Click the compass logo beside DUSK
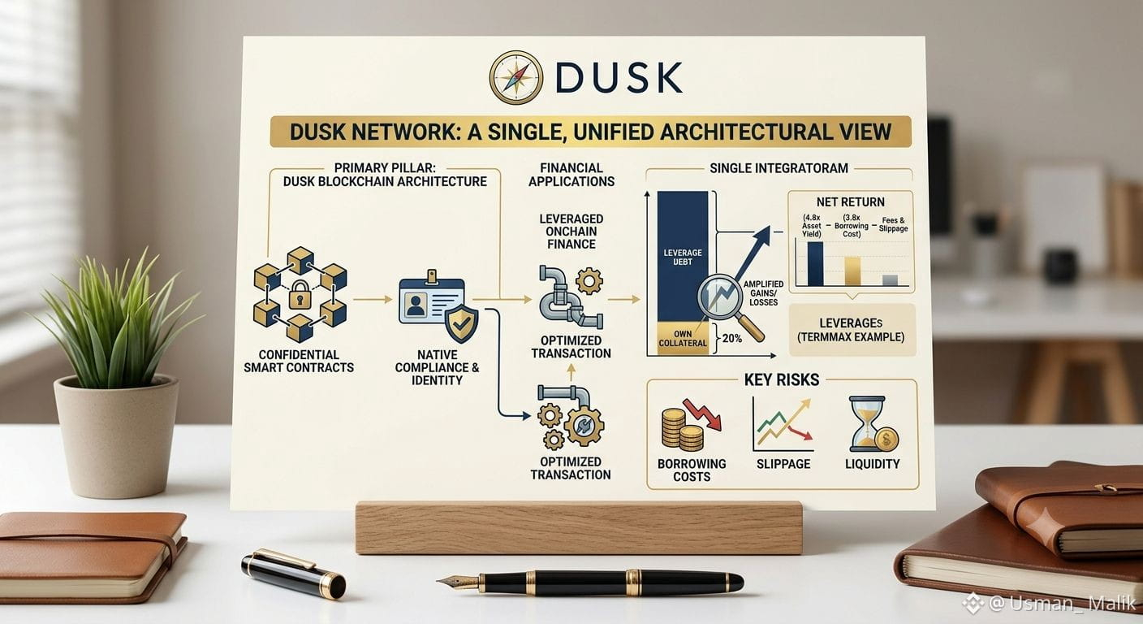click(515, 77)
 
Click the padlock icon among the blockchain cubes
click(300, 293)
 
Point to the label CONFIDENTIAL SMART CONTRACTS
click(299, 361)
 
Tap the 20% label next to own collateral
click(732, 338)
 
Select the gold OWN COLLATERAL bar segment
click(682, 336)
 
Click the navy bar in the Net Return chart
click(815, 263)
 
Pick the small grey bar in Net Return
click(890, 280)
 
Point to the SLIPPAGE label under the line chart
click(783, 464)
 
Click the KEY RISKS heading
click(782, 379)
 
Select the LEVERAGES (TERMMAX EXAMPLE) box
click(852, 330)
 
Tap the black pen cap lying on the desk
click(293, 574)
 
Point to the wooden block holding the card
click(579, 527)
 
